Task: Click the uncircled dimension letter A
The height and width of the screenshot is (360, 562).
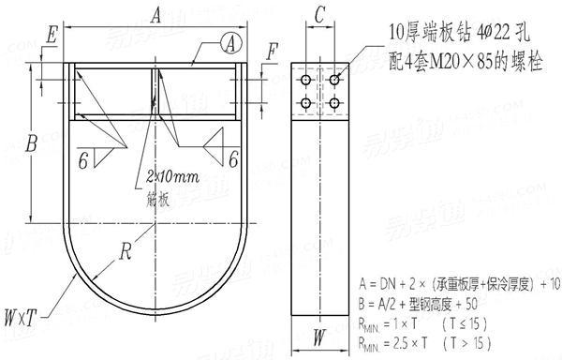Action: [x=155, y=13]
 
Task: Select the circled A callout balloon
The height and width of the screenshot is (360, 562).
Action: [x=230, y=40]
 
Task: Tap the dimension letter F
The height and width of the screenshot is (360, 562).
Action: [x=272, y=52]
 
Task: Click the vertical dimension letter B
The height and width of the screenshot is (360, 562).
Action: [x=32, y=144]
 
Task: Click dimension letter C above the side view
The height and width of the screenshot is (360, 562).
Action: [x=320, y=14]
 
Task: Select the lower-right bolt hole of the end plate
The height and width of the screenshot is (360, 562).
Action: [x=332, y=103]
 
